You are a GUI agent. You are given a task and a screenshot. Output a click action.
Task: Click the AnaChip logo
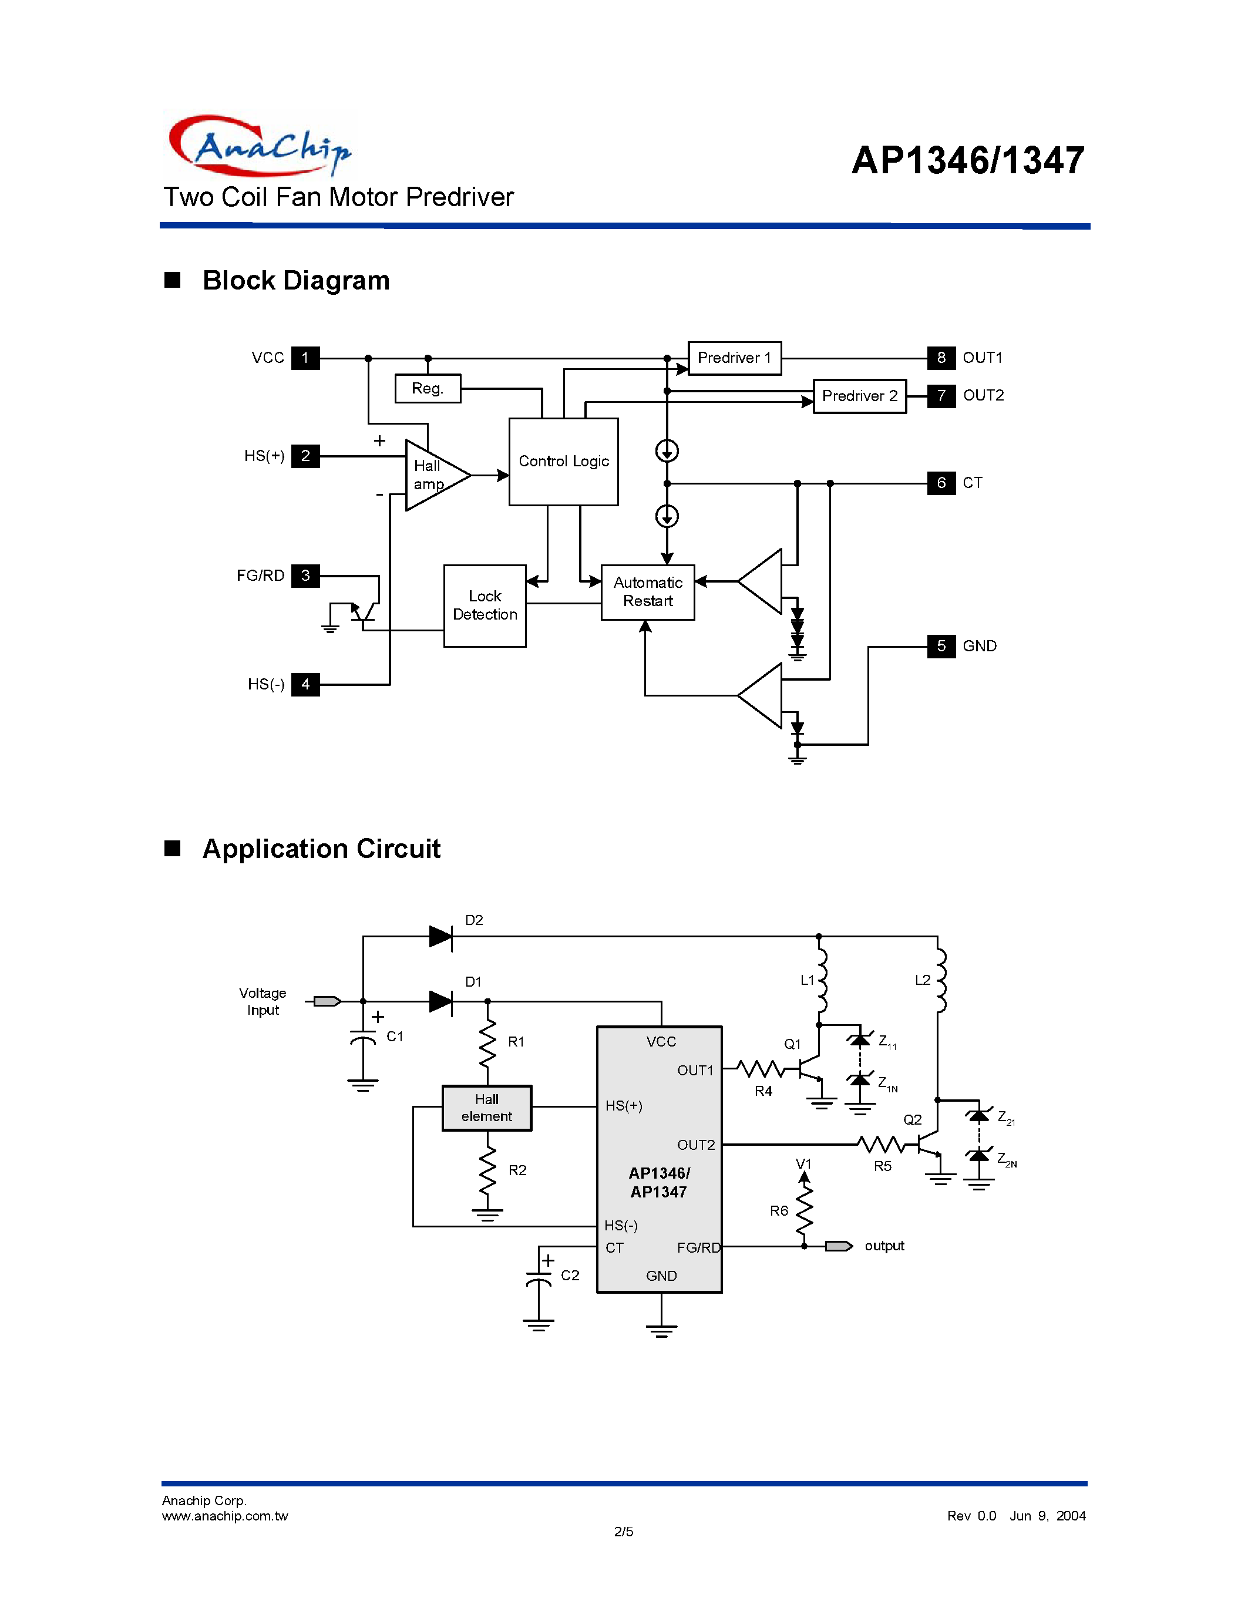coord(259,146)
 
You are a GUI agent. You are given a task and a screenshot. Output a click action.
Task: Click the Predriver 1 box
coord(734,358)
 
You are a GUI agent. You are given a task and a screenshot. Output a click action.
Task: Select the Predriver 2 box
coord(859,396)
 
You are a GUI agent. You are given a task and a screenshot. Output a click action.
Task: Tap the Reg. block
coord(428,388)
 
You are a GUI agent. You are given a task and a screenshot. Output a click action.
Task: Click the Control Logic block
coord(563,462)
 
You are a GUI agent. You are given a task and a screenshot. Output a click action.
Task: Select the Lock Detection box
coord(485,605)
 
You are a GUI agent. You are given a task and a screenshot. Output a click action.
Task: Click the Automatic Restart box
coord(648,593)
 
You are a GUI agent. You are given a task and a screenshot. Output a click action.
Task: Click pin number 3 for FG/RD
coord(305,576)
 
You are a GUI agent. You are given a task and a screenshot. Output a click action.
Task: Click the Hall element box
coord(486,1108)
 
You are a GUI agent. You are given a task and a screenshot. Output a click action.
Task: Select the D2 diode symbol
coord(440,936)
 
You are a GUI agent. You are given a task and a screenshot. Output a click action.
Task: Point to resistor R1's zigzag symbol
coord(487,1042)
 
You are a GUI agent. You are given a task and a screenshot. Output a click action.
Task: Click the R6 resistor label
coord(779,1210)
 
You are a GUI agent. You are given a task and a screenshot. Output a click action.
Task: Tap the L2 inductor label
coord(922,980)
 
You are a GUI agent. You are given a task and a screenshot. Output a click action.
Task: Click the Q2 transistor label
coord(912,1119)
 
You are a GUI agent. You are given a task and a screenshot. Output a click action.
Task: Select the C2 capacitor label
coord(570,1275)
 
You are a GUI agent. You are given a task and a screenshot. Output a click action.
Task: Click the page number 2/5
coord(623,1532)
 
